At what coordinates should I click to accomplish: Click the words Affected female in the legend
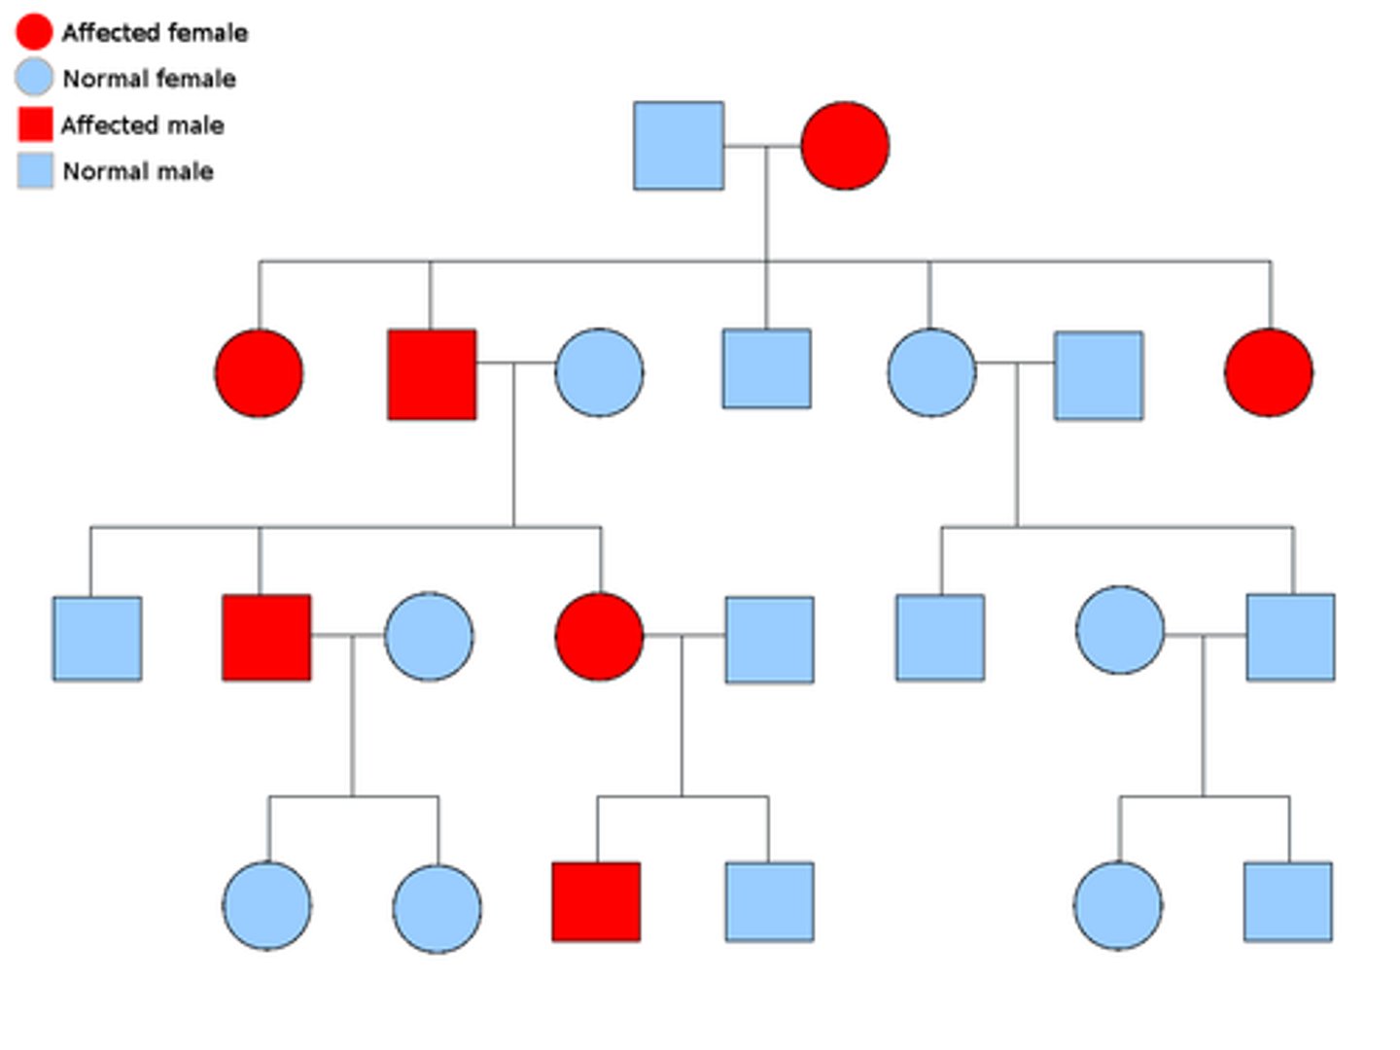[x=155, y=33]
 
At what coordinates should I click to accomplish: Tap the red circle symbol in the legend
[x=34, y=31]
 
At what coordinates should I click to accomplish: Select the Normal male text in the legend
[x=138, y=172]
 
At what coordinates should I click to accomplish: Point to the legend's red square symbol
[x=35, y=124]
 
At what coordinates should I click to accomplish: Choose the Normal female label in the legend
[x=149, y=79]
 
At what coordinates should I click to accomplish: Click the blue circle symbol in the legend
[x=34, y=78]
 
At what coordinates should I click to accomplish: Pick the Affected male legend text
[x=143, y=125]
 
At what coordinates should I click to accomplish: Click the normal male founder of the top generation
[x=679, y=146]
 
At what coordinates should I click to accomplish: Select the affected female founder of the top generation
[x=845, y=146]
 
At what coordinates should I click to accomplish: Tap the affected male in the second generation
[x=432, y=374]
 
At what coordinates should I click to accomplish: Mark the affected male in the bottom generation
[x=596, y=902]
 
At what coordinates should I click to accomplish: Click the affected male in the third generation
[x=266, y=638]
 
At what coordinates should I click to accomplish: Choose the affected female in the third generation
[x=599, y=637]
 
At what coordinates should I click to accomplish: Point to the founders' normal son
[x=766, y=368]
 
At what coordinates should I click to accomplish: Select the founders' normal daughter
[x=931, y=373]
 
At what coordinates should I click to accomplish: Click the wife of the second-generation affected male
[x=599, y=373]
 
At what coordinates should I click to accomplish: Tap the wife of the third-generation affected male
[x=429, y=637]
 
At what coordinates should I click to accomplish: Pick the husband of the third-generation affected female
[x=769, y=640]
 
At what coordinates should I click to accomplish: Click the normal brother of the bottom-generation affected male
[x=769, y=902]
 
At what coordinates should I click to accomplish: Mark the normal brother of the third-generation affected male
[x=97, y=639]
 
